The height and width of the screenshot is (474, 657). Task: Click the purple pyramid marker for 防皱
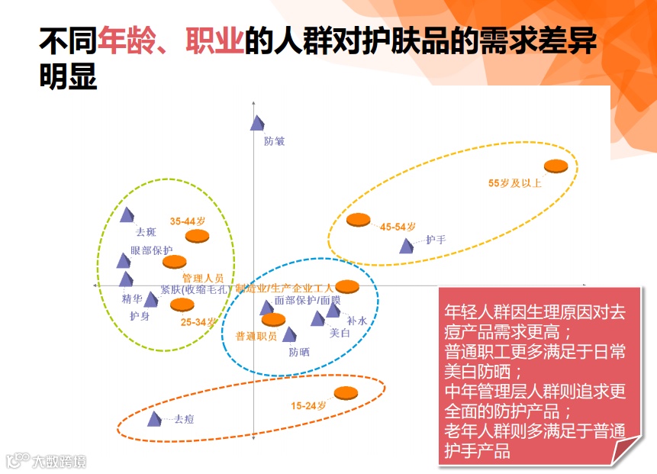coord(258,122)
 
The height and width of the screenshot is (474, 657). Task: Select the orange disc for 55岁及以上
coord(556,166)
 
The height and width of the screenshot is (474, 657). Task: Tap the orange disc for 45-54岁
coord(358,220)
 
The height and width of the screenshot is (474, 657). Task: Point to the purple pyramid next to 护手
coord(407,245)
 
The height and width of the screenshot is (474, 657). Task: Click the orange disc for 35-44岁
coord(197,234)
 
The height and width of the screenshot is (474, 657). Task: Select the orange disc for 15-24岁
coord(346,392)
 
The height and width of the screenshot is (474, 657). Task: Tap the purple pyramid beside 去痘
coord(155,418)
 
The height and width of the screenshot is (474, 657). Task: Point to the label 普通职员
coord(256,336)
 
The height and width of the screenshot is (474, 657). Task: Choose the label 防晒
coord(299,352)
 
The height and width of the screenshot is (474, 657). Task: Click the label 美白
coord(340,333)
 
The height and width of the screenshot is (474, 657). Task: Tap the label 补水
coord(357,321)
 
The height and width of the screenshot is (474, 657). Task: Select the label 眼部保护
coord(152,250)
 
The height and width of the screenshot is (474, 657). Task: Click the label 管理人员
coord(202,278)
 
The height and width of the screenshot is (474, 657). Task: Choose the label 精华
coord(132,298)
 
